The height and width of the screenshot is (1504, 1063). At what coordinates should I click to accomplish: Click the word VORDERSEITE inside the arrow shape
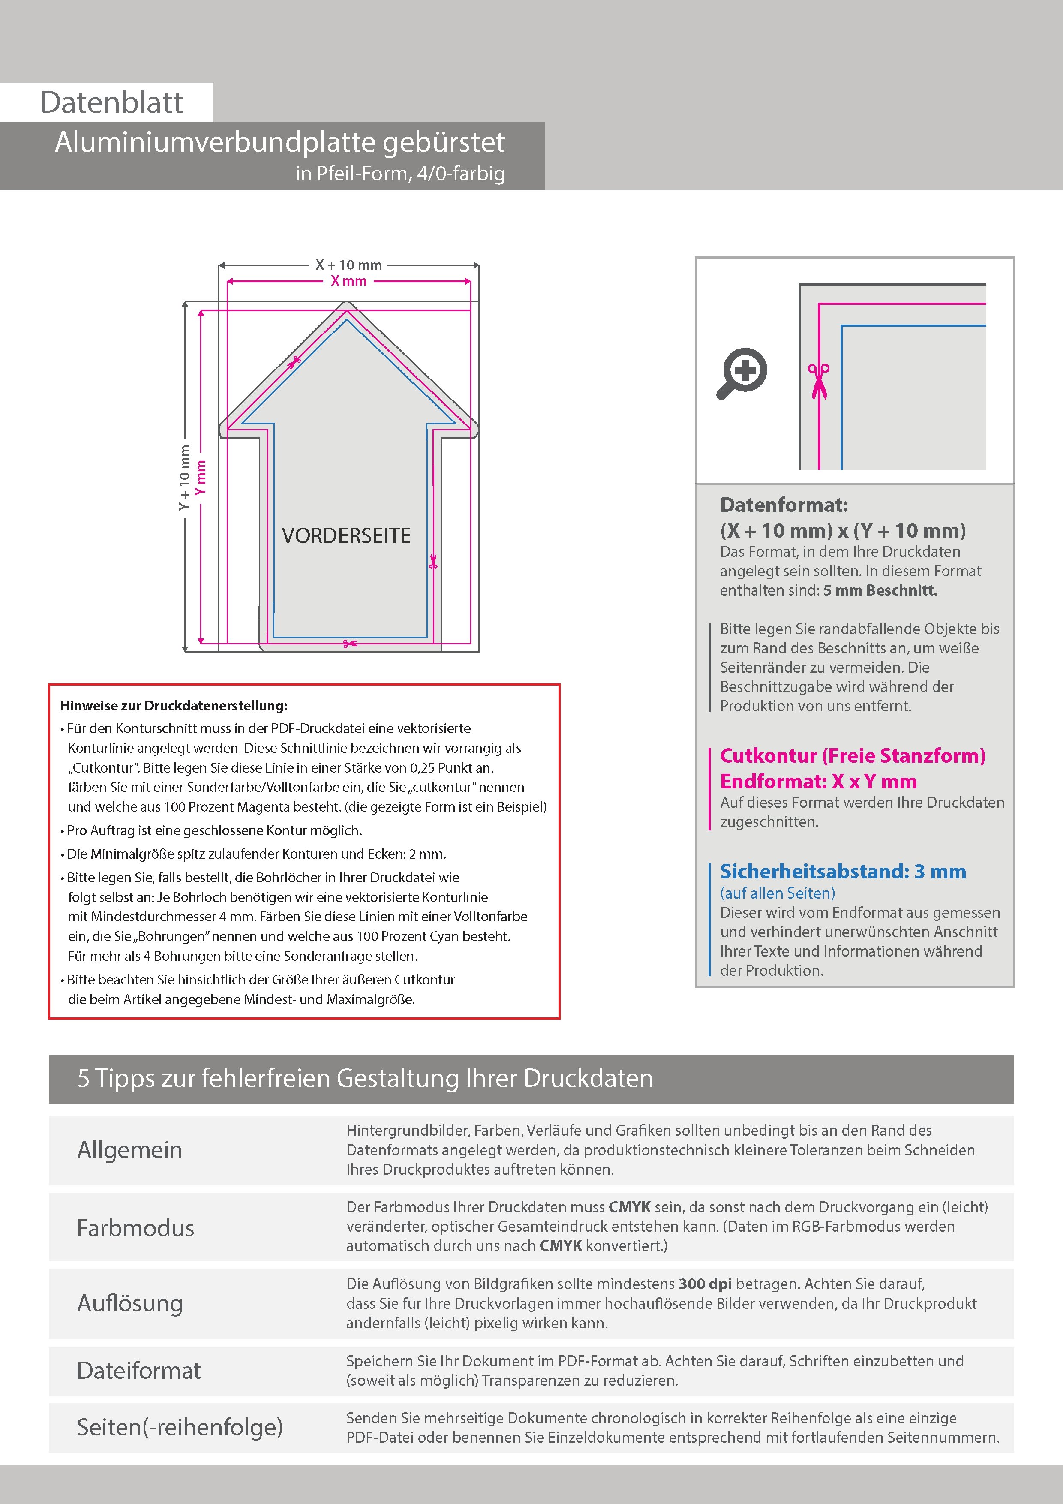tap(346, 536)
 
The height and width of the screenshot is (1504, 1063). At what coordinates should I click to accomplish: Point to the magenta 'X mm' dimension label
tap(348, 281)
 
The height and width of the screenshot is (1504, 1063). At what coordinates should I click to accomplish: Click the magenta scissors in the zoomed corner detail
tap(819, 381)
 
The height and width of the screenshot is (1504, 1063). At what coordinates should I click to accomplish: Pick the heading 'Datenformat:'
tap(784, 505)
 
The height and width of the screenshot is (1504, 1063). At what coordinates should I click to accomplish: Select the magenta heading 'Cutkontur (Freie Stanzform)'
tap(852, 756)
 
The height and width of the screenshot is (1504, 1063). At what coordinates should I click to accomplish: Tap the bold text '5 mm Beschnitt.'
tap(880, 590)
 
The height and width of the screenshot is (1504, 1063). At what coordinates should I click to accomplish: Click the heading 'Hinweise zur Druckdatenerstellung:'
tap(174, 706)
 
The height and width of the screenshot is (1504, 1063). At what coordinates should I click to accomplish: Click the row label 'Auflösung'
tap(130, 1303)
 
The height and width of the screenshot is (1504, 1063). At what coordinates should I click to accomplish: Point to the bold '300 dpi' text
tap(706, 1284)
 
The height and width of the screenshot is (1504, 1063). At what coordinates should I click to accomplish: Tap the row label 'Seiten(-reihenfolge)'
tap(180, 1427)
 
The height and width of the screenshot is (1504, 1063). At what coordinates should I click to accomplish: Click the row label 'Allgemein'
tap(130, 1149)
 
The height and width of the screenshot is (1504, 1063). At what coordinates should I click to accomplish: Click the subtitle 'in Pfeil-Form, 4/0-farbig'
tap(400, 174)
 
